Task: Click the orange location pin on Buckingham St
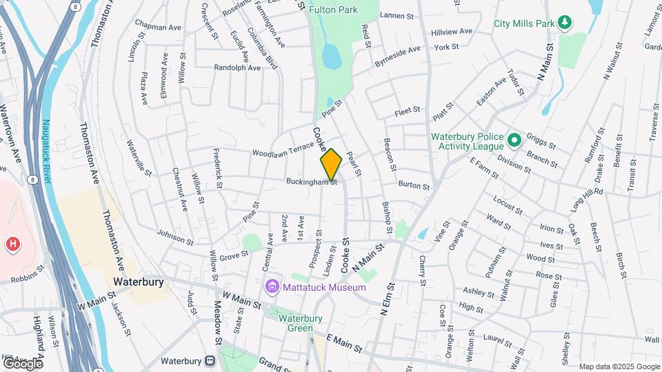pyautogui.click(x=331, y=164)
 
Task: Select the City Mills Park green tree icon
pyautogui.click(x=565, y=23)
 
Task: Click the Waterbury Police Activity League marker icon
pyautogui.click(x=514, y=141)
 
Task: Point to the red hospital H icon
pyautogui.click(x=12, y=244)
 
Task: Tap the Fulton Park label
pyautogui.click(x=333, y=10)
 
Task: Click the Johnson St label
pyautogui.click(x=175, y=236)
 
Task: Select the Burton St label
pyautogui.click(x=414, y=185)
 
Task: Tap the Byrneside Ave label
pyautogui.click(x=397, y=54)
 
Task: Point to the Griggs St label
pyautogui.click(x=541, y=141)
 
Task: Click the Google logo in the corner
pyautogui.click(x=23, y=363)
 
